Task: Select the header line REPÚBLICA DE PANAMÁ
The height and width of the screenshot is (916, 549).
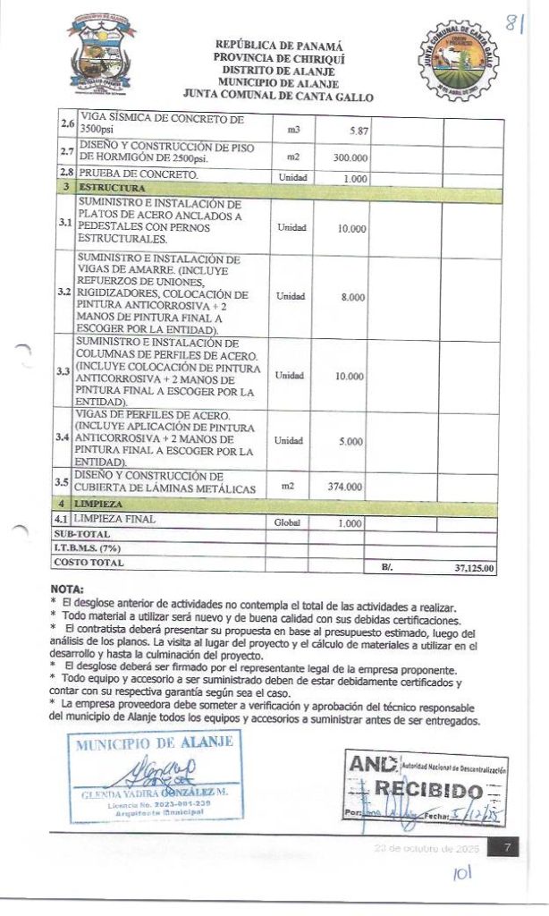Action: click(x=279, y=46)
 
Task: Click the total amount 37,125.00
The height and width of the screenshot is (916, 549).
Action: click(x=474, y=567)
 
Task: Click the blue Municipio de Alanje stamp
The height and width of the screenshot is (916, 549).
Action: click(x=155, y=775)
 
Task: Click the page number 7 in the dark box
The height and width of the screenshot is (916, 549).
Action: click(x=506, y=847)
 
